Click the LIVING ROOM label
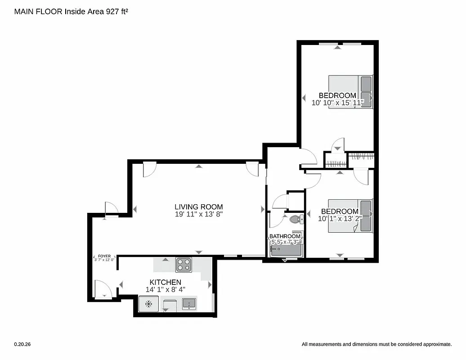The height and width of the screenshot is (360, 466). (x=198, y=207)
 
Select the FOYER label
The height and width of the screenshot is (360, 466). (x=104, y=256)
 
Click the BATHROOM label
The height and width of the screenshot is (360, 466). (x=285, y=236)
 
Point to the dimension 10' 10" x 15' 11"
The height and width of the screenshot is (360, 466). (x=337, y=103)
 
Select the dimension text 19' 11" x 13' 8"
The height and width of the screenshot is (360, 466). (x=198, y=215)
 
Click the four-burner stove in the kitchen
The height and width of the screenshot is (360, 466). (x=184, y=265)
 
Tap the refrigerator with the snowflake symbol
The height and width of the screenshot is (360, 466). (x=148, y=304)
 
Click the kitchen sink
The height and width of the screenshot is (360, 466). (x=189, y=304)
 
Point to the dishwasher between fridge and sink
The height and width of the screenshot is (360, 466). (x=170, y=305)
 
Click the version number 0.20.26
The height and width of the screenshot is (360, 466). (x=22, y=344)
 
